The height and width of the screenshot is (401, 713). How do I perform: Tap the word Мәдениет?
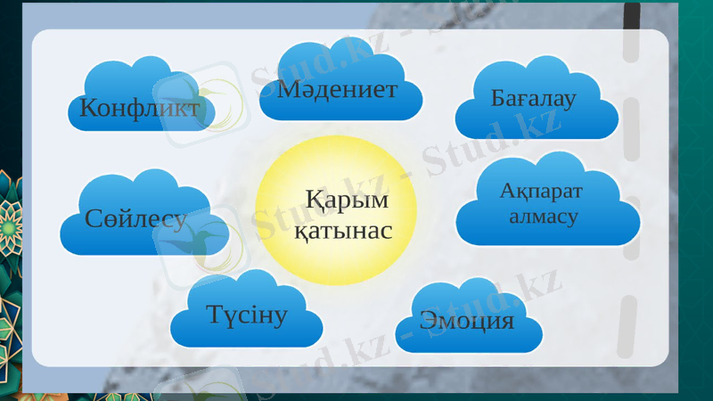pyautogui.click(x=337, y=88)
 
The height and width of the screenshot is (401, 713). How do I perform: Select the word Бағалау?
pyautogui.click(x=534, y=97)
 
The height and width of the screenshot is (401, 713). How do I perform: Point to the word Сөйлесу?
pyautogui.click(x=135, y=218)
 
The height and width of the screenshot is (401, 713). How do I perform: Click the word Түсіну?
pyautogui.click(x=248, y=314)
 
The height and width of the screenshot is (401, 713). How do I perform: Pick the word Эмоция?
pyautogui.click(x=466, y=320)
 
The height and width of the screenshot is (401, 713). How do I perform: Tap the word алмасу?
pyautogui.click(x=543, y=216)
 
